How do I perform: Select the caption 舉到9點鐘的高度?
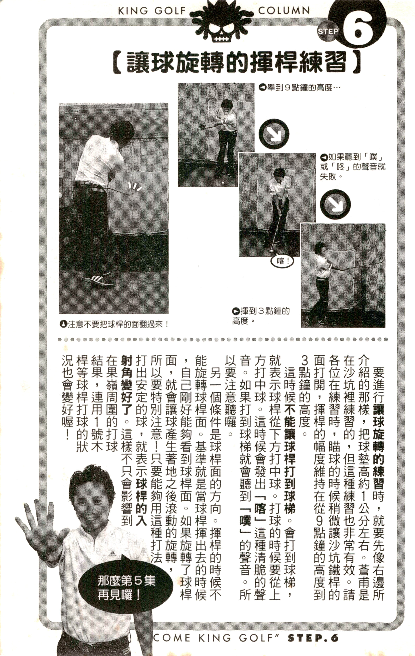click(300, 88)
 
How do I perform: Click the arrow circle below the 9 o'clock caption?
click(274, 134)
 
